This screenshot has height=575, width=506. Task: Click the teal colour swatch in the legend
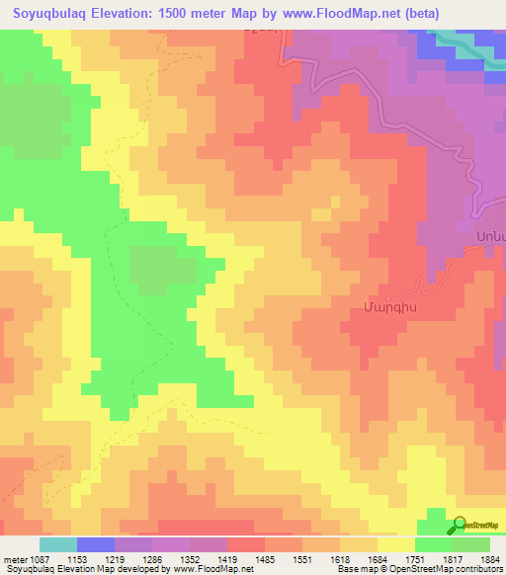(58, 544)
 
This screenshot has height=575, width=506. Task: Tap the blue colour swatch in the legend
(96, 544)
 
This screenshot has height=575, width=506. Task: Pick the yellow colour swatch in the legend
(395, 544)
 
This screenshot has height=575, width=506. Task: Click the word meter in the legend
(14, 559)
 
